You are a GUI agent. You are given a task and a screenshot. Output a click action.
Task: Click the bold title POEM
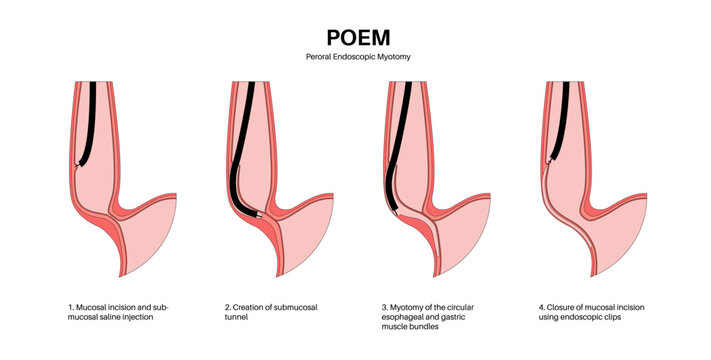pos(355,36)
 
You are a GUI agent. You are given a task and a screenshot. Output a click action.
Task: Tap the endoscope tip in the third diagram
pos(398,213)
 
